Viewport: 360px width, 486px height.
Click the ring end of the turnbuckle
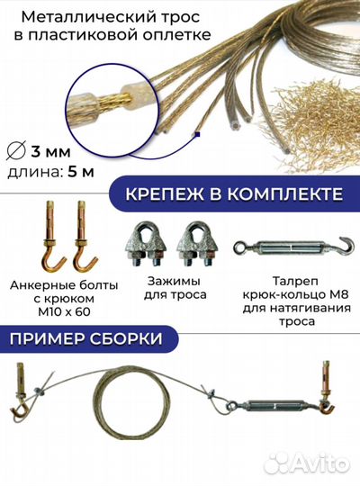pyautogui.click(x=240, y=247)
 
